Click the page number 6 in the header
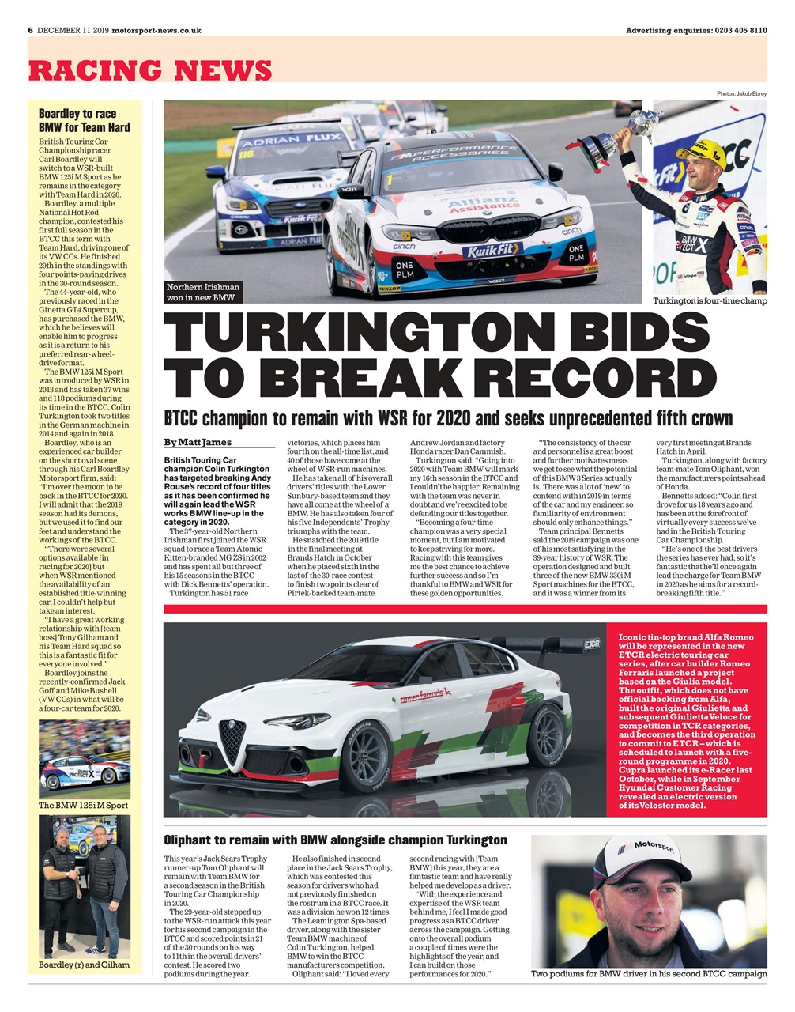coord(30,30)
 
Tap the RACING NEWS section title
coord(150,70)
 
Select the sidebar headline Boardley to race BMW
coord(85,120)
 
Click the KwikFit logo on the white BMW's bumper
coord(492,250)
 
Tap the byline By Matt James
coord(198,442)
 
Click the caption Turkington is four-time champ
coord(709,301)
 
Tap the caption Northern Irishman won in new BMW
coord(202,292)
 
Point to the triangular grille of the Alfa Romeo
coord(233,740)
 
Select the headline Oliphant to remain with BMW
coord(335,840)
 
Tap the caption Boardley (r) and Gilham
coord(84,965)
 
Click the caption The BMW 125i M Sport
coord(84,805)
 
